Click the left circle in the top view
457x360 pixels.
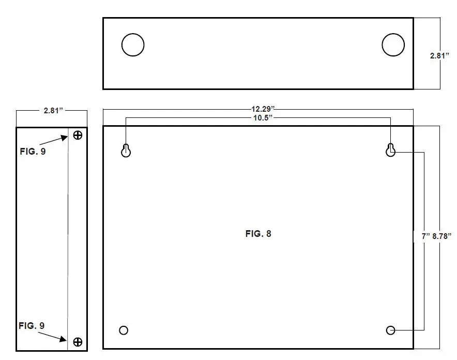(x=133, y=45)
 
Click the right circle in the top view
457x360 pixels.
(x=393, y=45)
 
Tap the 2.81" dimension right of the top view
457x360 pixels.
(x=440, y=56)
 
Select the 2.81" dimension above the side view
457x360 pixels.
(x=52, y=111)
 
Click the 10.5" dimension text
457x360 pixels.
(x=261, y=118)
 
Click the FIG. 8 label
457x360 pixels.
(x=258, y=234)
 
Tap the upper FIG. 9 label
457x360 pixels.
(x=33, y=152)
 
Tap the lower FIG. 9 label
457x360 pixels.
(x=32, y=325)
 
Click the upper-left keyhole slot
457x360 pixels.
(x=126, y=149)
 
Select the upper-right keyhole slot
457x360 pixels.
(x=391, y=149)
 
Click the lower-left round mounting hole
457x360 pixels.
(x=124, y=330)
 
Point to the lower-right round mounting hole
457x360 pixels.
(x=391, y=330)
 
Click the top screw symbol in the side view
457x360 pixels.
(x=78, y=136)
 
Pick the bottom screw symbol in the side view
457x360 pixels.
(x=78, y=341)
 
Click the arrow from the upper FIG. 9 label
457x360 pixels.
(x=54, y=141)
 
